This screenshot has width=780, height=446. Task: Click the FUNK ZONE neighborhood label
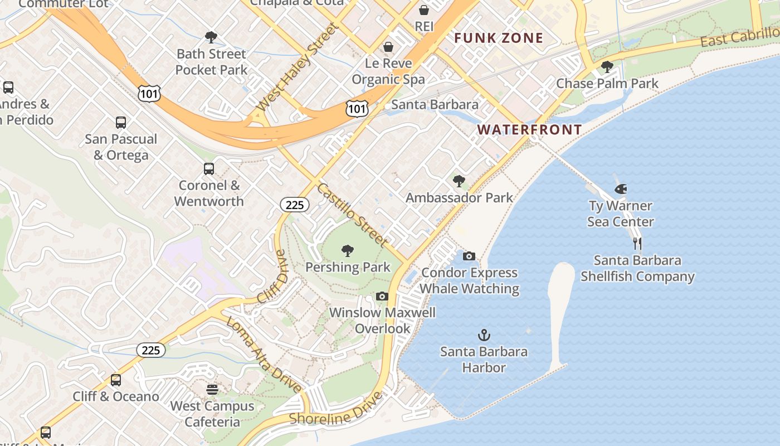498,38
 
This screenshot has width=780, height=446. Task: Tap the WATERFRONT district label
529,130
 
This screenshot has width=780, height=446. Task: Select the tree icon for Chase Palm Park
607,67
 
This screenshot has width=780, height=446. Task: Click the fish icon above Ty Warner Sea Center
621,190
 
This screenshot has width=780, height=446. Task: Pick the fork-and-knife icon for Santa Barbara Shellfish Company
637,244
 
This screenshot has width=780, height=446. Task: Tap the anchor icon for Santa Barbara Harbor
484,336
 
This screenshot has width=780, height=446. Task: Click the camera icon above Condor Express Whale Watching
469,256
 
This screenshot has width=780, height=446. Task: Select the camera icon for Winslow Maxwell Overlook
382,297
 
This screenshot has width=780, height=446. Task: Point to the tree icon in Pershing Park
348,251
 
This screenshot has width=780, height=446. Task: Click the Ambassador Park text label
459,198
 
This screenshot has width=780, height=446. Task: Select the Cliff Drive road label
272,277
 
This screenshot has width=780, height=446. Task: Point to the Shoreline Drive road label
336,409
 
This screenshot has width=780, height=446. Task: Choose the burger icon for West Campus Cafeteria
212,390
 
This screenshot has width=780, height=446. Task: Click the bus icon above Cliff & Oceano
116,380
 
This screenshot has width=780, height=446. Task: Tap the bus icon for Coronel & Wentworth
209,169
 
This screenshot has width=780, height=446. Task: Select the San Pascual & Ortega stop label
121,147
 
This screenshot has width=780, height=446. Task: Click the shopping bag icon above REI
424,11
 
